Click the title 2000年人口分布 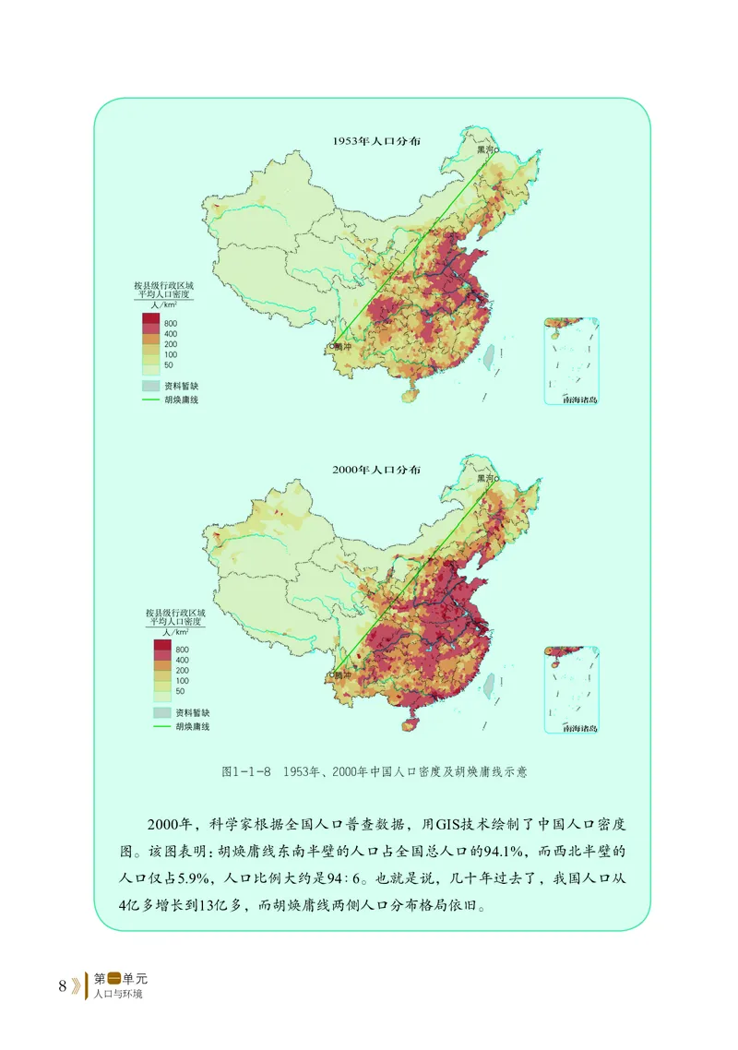click(375, 470)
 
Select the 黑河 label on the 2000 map click(484, 478)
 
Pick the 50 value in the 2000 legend click(181, 690)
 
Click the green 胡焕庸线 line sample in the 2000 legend click(162, 727)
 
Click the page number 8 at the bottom click(62, 985)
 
